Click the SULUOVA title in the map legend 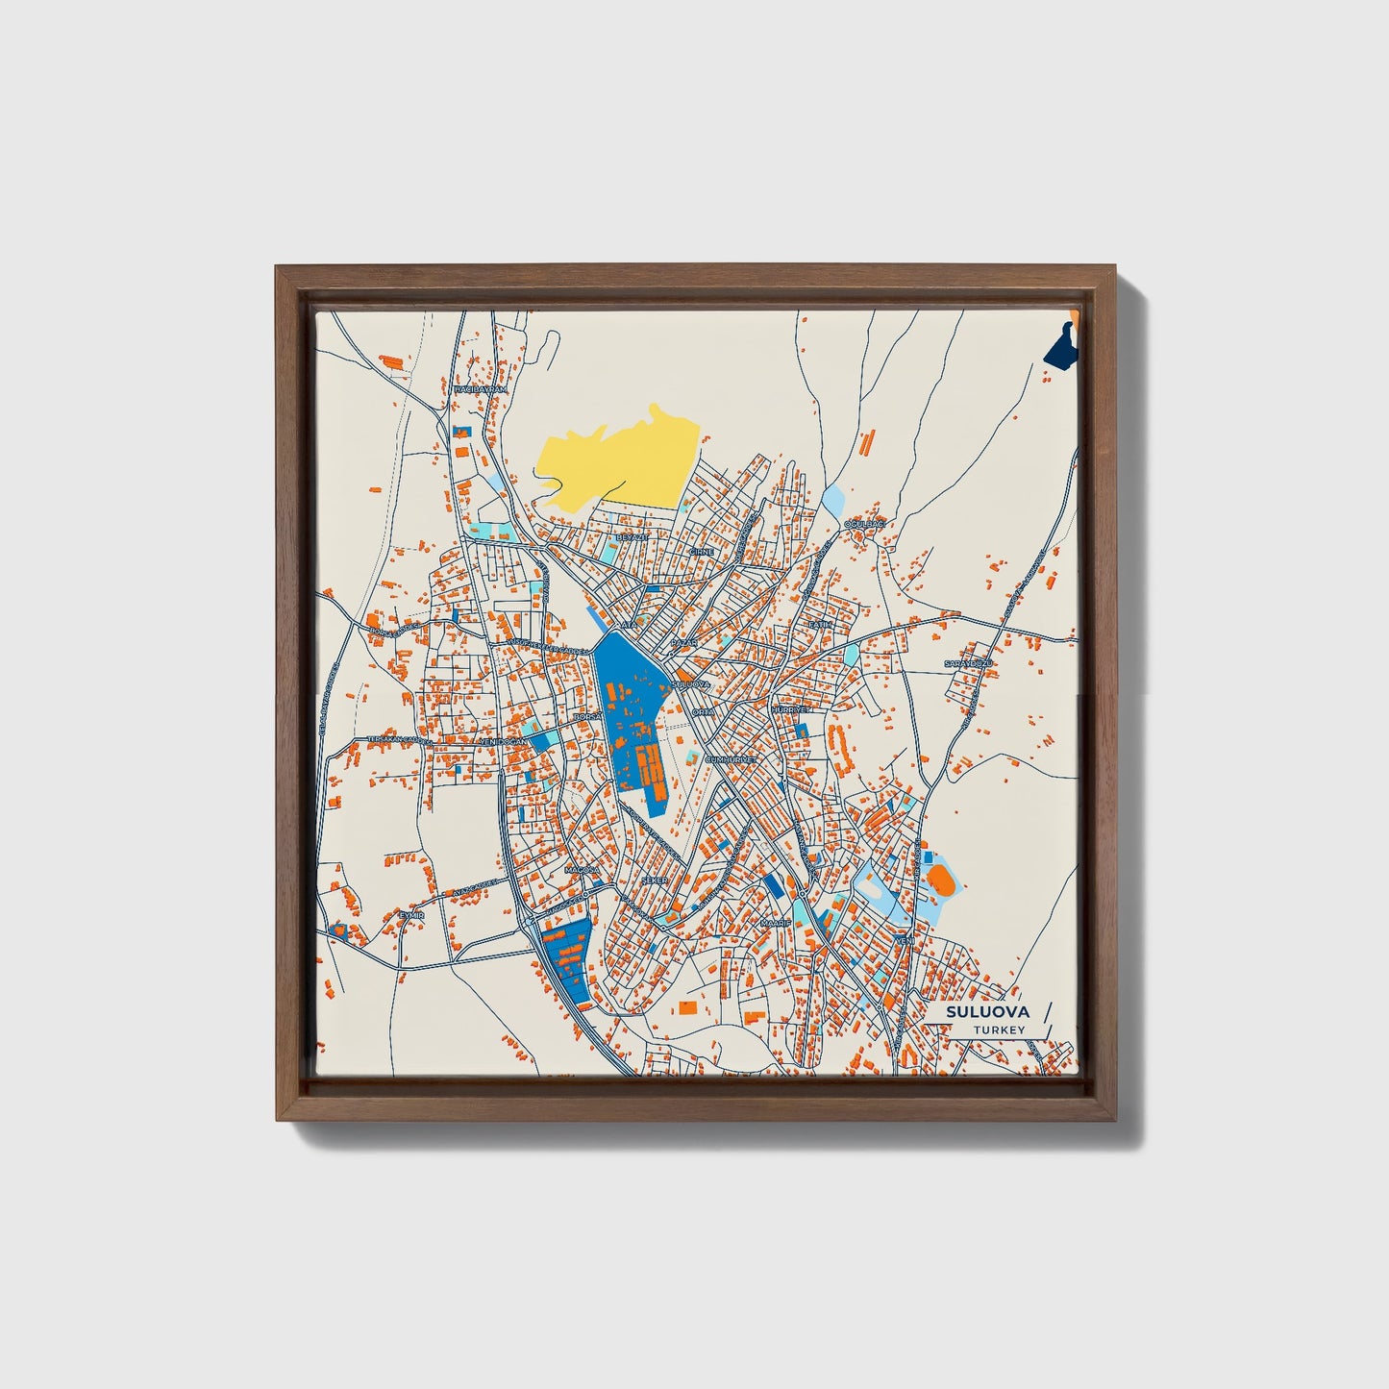coord(987,1012)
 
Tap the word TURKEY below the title coord(999,1029)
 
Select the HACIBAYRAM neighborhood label coord(480,388)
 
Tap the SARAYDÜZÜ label coord(966,664)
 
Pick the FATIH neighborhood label coord(818,625)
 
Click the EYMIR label coord(411,915)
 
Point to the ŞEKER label coord(654,880)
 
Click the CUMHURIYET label coord(732,758)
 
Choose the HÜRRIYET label coord(791,709)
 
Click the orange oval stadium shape coord(939,879)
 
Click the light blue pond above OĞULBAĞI coord(832,499)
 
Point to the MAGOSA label coord(582,870)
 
